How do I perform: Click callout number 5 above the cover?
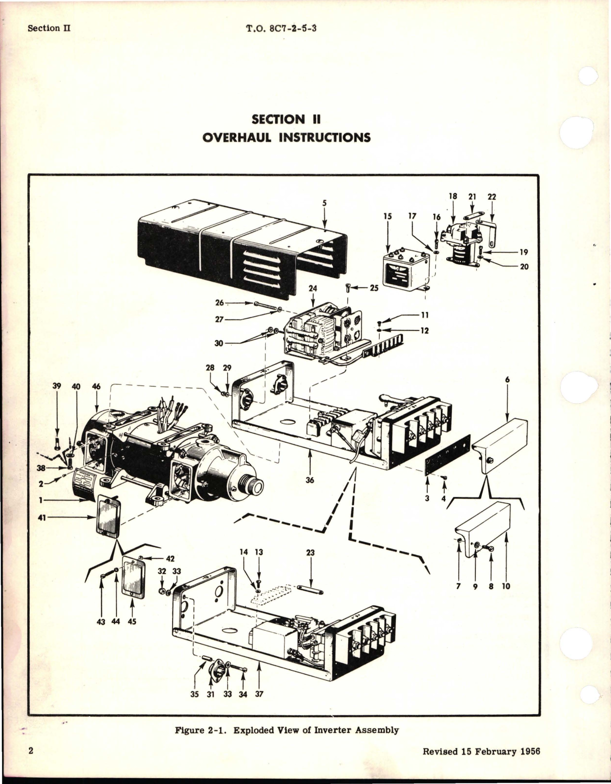coord(324,203)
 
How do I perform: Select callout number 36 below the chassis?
coord(310,480)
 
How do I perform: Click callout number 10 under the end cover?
coord(506,586)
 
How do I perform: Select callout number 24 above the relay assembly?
coord(313,289)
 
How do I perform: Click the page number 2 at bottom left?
coord(31,764)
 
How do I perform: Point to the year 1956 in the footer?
coord(529,765)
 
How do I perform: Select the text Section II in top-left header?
coord(49,28)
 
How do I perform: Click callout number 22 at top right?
coord(492,196)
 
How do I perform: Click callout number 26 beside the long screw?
coord(219,303)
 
